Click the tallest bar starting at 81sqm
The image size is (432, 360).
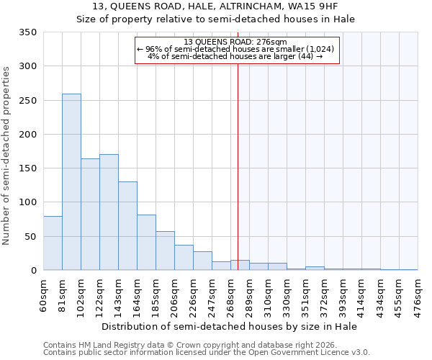71,182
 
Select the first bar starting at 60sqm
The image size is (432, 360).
53,243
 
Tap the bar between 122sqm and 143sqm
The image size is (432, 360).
109,212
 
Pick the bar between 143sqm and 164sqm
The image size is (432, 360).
127,226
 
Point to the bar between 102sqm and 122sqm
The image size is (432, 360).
90,215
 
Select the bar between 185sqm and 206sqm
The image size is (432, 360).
165,251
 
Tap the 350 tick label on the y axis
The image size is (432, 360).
27,32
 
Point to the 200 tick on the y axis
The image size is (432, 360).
27,135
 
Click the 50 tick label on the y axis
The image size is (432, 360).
30,237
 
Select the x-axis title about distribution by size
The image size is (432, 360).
230,326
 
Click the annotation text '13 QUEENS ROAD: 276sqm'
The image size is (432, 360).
235,42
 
